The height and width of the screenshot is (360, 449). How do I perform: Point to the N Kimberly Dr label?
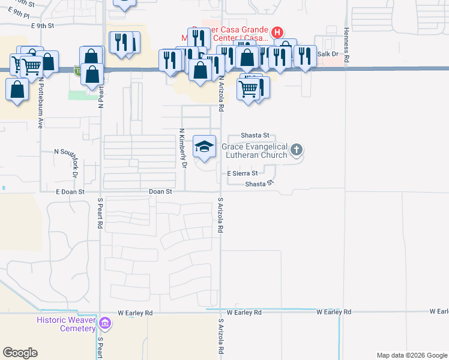182,148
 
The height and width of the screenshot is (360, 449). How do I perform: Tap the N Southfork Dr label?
75,163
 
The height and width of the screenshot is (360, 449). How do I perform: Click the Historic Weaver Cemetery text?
66,324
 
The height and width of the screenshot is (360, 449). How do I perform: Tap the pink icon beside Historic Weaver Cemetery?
106,324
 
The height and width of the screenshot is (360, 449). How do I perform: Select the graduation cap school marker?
204,147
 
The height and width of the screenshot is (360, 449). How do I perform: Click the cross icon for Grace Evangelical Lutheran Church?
296,150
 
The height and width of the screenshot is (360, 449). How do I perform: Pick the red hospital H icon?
277,32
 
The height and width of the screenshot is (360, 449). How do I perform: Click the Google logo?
20,353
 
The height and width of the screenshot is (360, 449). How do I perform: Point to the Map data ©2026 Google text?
412,355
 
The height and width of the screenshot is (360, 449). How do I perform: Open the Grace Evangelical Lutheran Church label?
255,151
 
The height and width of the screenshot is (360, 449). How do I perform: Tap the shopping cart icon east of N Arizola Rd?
248,89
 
